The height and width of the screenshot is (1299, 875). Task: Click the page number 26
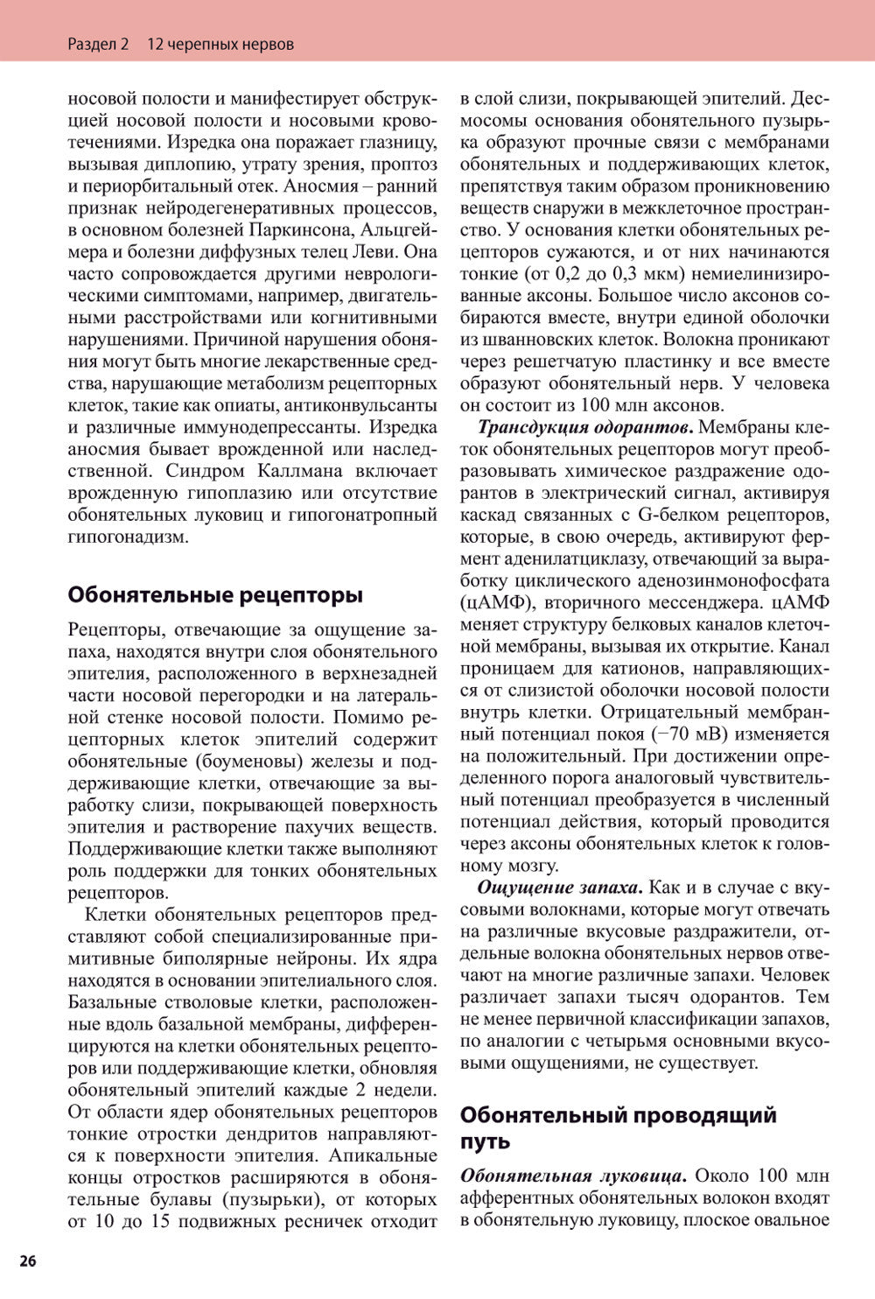point(27,1260)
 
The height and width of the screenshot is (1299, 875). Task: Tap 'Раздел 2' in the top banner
point(97,44)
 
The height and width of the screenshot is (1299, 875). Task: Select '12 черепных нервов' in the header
point(220,44)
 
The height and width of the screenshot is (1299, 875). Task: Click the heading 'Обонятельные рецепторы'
point(214,595)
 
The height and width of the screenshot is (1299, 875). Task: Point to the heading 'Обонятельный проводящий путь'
point(618,1128)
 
